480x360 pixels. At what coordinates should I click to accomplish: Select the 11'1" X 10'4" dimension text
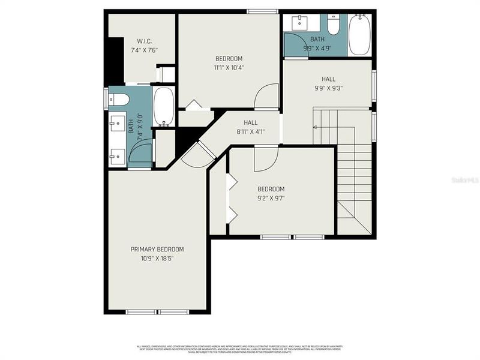click(x=229, y=67)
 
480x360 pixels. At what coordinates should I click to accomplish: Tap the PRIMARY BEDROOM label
click(x=157, y=249)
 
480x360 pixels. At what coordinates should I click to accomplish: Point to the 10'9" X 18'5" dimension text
click(x=157, y=259)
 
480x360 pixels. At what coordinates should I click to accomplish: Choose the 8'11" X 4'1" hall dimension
click(x=250, y=131)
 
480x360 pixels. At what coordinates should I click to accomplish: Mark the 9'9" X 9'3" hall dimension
click(x=328, y=88)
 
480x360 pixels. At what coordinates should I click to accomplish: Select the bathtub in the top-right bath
click(x=359, y=34)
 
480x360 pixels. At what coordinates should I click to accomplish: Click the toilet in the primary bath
click(x=118, y=99)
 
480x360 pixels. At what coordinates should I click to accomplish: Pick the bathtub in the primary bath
click(x=163, y=106)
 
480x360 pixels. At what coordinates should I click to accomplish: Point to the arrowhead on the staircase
click(x=315, y=127)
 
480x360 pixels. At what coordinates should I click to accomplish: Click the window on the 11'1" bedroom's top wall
click(x=262, y=11)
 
